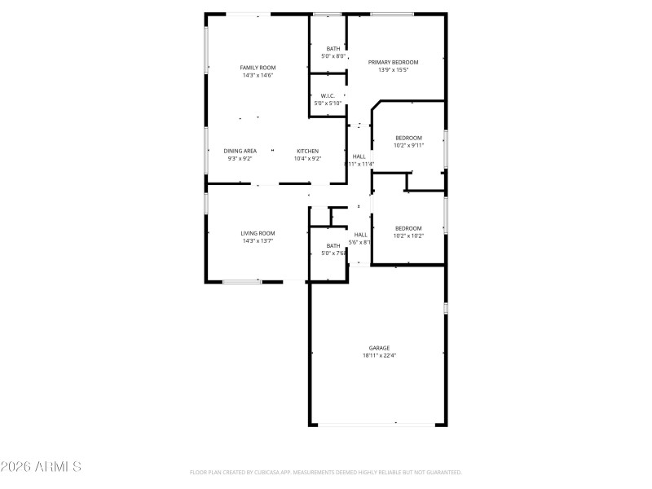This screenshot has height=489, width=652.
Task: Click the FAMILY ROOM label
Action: pyautogui.click(x=257, y=68)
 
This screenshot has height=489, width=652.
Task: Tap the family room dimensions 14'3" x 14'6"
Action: pyautogui.click(x=257, y=76)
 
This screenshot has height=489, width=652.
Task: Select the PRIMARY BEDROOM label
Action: pyautogui.click(x=393, y=62)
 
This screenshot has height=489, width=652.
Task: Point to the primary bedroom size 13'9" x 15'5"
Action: pyautogui.click(x=393, y=70)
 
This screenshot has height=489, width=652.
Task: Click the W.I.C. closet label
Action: pyautogui.click(x=328, y=95)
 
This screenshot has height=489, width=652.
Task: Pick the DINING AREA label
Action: pyautogui.click(x=240, y=151)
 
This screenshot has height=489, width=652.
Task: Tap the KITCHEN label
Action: pyautogui.click(x=307, y=151)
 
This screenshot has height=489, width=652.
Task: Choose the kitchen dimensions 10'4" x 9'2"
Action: pyautogui.click(x=307, y=158)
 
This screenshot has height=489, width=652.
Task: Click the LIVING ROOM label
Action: pyautogui.click(x=257, y=233)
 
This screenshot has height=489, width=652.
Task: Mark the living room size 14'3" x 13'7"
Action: pyautogui.click(x=257, y=241)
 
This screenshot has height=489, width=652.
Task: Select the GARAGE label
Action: pyautogui.click(x=378, y=348)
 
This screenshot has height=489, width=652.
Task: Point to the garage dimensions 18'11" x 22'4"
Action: pyautogui.click(x=378, y=355)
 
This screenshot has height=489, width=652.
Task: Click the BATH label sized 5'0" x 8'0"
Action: pyautogui.click(x=333, y=48)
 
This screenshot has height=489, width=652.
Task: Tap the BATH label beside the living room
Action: pyautogui.click(x=333, y=245)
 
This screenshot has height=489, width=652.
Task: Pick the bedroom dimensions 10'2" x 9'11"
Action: pyautogui.click(x=408, y=145)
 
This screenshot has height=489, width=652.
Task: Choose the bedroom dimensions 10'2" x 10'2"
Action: pyautogui.click(x=408, y=236)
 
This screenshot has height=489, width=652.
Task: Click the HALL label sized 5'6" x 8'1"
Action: pyautogui.click(x=360, y=235)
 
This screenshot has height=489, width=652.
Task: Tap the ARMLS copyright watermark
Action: pyautogui.click(x=41, y=467)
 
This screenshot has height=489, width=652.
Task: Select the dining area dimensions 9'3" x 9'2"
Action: pyautogui.click(x=240, y=158)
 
